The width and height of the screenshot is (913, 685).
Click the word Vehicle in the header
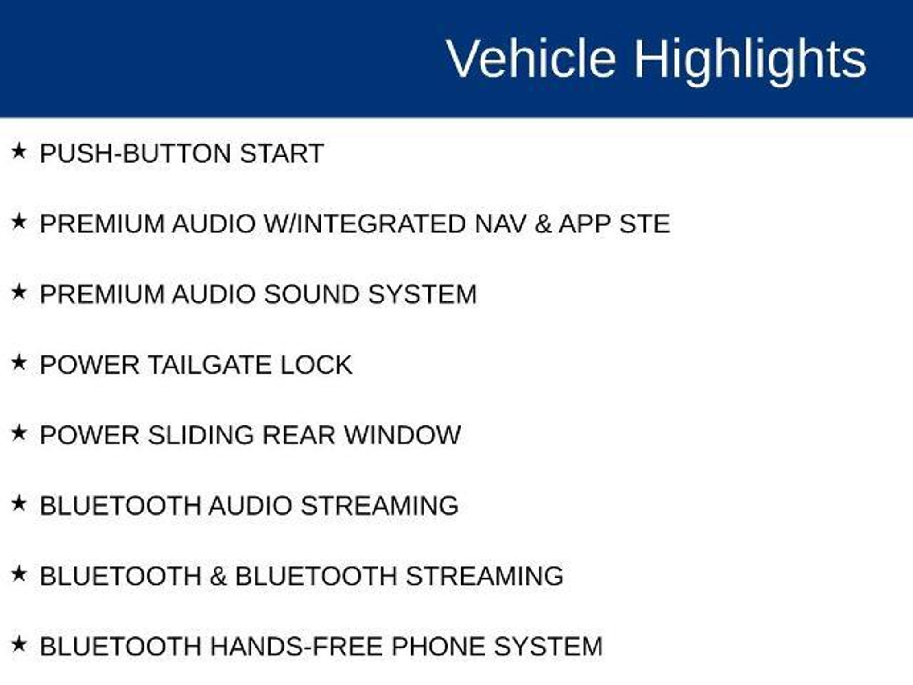pos(531,58)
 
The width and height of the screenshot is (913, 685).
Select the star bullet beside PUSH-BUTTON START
pos(19,151)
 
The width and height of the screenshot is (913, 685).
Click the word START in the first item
pos(281,153)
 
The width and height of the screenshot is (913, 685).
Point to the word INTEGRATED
pos(381,223)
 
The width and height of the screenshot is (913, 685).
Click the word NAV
pos(501,223)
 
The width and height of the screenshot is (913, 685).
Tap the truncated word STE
pos(645,223)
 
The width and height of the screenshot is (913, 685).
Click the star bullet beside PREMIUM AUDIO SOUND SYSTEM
pos(19,292)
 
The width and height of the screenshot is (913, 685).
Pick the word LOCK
pos(316,365)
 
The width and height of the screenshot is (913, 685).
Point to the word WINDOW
pos(403,435)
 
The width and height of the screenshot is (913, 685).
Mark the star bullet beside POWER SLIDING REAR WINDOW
pos(19,433)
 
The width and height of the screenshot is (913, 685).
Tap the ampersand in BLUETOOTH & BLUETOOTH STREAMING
pos(218,576)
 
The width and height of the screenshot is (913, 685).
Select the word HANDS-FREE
pos(296,646)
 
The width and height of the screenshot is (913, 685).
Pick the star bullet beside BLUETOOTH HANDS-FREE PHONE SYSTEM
pos(19,644)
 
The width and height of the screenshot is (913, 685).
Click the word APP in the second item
pos(584,223)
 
